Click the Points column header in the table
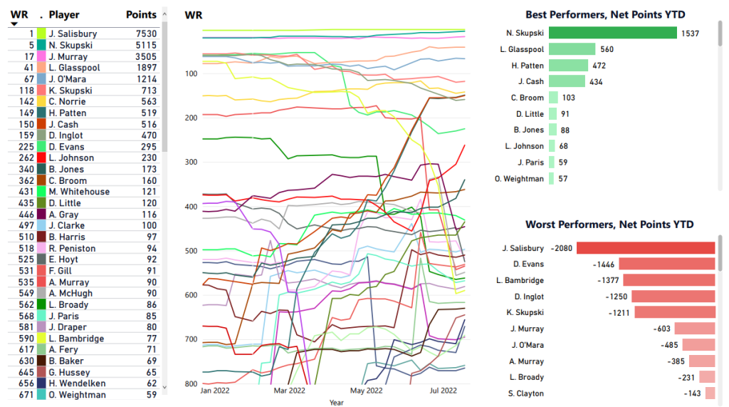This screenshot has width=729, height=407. [141, 15]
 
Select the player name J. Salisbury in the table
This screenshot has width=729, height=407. [73, 34]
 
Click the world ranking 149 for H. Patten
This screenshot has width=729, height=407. [27, 113]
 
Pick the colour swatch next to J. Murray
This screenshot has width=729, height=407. [41, 56]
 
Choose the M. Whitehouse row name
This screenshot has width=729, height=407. [79, 192]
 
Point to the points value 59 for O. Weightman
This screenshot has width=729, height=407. [151, 395]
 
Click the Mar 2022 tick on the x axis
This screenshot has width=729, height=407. [290, 391]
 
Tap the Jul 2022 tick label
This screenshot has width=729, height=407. [444, 391]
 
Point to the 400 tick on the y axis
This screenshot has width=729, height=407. [191, 207]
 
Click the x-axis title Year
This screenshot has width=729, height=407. [336, 402]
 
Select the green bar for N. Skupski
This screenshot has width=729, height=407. [612, 33]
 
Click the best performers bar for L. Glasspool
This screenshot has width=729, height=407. [572, 49]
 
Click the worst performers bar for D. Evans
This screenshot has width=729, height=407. [666, 264]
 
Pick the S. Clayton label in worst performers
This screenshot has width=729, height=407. [525, 393]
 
